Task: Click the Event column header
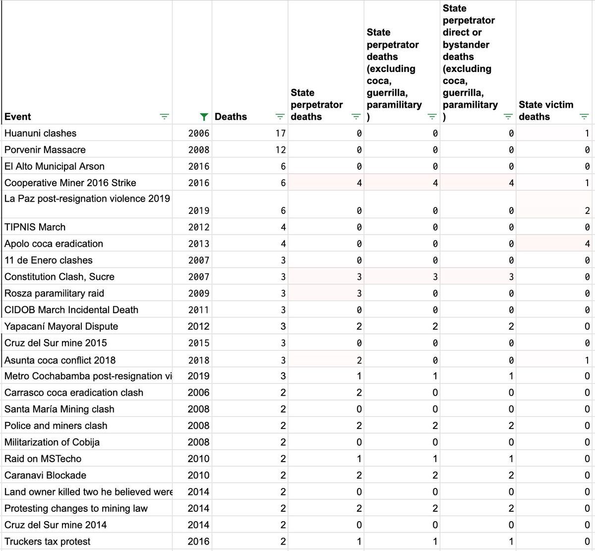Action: coord(18,117)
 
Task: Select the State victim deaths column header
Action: coord(545,111)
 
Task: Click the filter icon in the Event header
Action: coord(164,117)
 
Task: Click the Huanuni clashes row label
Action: coord(40,133)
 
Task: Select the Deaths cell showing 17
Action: coord(281,133)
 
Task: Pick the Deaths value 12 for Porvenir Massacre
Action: coord(281,149)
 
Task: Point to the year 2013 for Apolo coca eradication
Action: coord(198,244)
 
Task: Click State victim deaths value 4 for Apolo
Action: coord(587,244)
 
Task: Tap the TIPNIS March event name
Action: coord(35,227)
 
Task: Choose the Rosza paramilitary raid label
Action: coord(54,293)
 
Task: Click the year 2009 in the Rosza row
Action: coord(198,293)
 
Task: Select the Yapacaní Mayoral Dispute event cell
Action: coord(61,326)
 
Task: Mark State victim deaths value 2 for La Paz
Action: coord(587,210)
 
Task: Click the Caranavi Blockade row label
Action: coord(45,475)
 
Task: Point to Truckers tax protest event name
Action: coord(47,542)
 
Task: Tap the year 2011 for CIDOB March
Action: coord(198,310)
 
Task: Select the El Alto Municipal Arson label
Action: coord(54,166)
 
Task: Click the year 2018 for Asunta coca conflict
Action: coord(198,360)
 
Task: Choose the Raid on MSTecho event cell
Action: coord(43,459)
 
